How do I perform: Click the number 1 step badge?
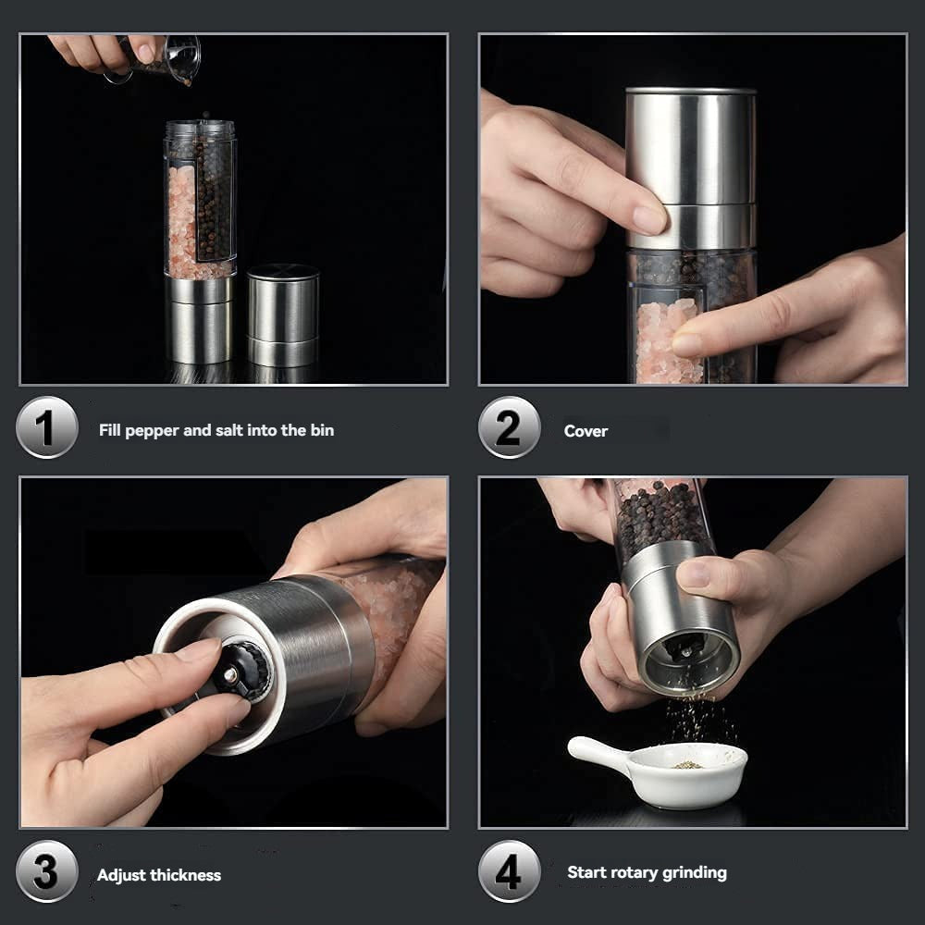tap(46, 427)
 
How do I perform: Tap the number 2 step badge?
tap(509, 427)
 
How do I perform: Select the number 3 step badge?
tap(46, 872)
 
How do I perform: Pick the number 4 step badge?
tap(509, 871)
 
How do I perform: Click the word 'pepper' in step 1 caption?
tap(154, 431)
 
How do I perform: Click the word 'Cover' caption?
tap(586, 431)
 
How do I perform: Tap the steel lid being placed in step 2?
tap(690, 166)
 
